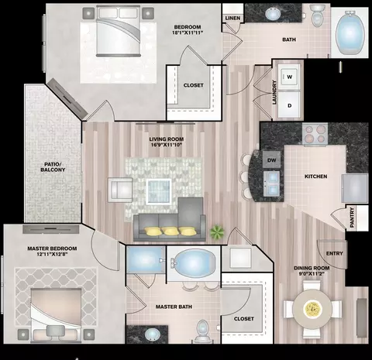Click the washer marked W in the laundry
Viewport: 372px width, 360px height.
click(x=289, y=77)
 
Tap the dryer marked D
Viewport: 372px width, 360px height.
click(x=289, y=105)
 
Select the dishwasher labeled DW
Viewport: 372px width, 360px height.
click(x=271, y=160)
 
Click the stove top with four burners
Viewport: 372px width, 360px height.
click(x=315, y=134)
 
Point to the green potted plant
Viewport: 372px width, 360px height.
click(x=217, y=232)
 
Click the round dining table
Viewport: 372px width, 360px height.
click(x=312, y=309)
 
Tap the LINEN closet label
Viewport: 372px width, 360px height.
click(x=232, y=18)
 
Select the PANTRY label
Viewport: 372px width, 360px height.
click(x=352, y=218)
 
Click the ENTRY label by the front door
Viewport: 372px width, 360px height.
click(x=335, y=253)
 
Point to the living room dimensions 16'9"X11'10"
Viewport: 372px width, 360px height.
click(x=167, y=145)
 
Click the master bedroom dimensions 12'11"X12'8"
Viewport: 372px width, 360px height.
click(x=52, y=254)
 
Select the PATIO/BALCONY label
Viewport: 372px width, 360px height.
click(x=53, y=167)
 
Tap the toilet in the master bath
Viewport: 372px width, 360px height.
click(x=201, y=331)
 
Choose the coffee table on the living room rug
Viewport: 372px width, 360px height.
click(x=159, y=191)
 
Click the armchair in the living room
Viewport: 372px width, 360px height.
click(x=120, y=190)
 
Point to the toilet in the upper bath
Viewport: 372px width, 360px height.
click(x=316, y=15)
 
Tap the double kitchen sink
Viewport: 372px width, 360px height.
click(x=272, y=183)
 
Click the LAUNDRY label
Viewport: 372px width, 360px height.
click(x=274, y=92)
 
